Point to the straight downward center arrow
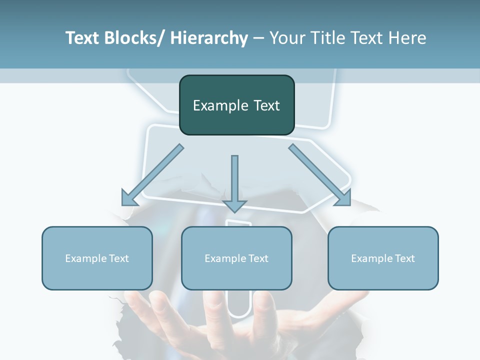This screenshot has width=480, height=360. (235, 180)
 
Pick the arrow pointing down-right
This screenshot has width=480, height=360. (320, 175)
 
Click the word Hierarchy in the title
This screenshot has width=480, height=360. (209, 38)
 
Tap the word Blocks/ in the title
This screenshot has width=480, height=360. (136, 38)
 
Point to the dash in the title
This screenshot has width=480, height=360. (258, 38)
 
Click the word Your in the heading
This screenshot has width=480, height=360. (286, 38)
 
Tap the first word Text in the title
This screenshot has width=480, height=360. (82, 38)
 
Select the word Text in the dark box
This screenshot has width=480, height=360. (265, 105)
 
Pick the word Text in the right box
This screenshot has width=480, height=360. (404, 258)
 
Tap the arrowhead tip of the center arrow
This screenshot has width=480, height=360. (235, 212)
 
